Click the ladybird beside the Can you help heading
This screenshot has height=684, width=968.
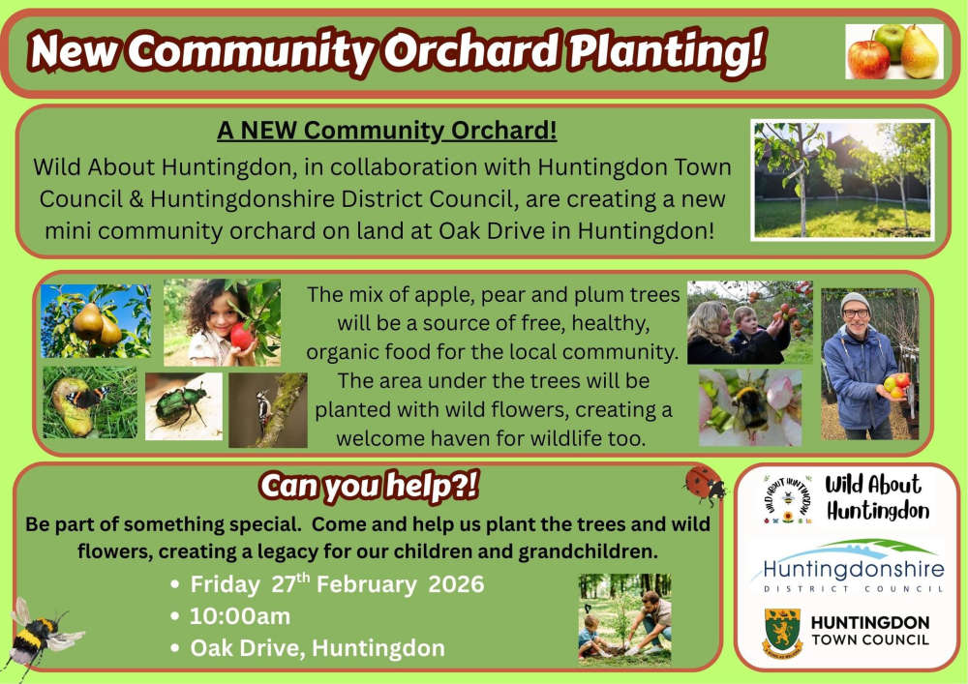pos(705,483)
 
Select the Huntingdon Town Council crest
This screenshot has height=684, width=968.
pos(783,633)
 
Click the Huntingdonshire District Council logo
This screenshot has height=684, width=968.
pos(847,566)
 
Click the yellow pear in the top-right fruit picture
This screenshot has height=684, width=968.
pos(919,52)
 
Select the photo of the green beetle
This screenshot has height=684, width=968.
pos(183,405)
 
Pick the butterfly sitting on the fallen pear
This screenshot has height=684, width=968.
pos(86,397)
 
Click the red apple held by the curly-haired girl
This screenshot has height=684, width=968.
pos(241,336)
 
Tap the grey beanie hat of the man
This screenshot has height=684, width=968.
pos(855,302)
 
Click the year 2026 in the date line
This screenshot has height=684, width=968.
pos(456,584)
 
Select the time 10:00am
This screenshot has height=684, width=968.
pos(239,616)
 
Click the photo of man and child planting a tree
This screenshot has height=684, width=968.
pos(624,618)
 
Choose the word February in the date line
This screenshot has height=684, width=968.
pos(367,584)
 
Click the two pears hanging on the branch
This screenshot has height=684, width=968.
pos(96,324)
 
